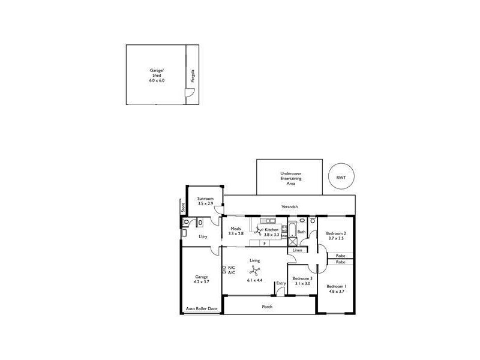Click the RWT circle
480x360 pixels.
[x=341, y=177]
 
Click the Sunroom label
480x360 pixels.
[x=206, y=199]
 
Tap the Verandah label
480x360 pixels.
[x=290, y=207]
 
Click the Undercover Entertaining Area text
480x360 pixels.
[x=290, y=179]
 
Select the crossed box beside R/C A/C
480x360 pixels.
[x=224, y=271]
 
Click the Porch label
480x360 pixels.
[x=267, y=307]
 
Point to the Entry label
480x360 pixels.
[x=281, y=283]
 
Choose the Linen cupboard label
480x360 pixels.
[x=298, y=250]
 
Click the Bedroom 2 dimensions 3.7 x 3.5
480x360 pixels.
[x=336, y=238]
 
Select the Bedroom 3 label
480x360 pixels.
[x=302, y=279]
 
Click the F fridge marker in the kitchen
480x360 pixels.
[x=264, y=244]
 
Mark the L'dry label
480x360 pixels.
[x=203, y=237]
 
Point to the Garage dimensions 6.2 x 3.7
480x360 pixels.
[x=201, y=281]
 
